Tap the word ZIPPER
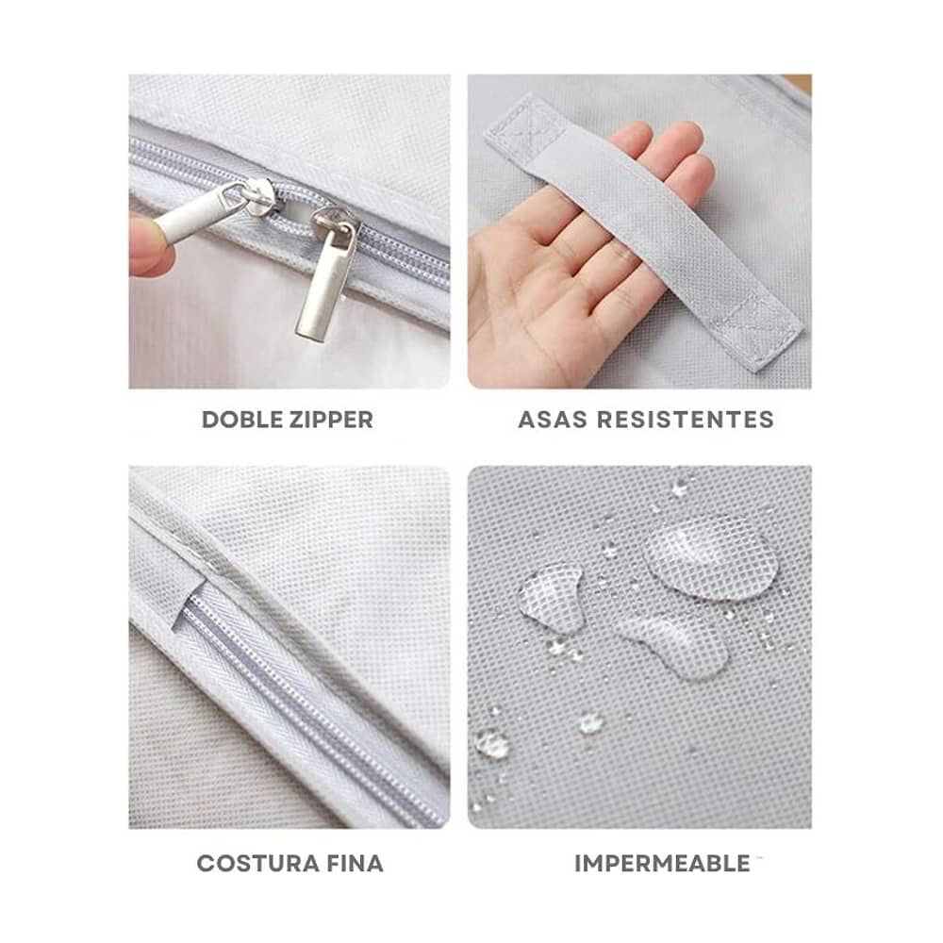[x=330, y=420]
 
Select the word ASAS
[x=552, y=420]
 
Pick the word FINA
[x=356, y=864]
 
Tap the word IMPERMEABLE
[x=662, y=864]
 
